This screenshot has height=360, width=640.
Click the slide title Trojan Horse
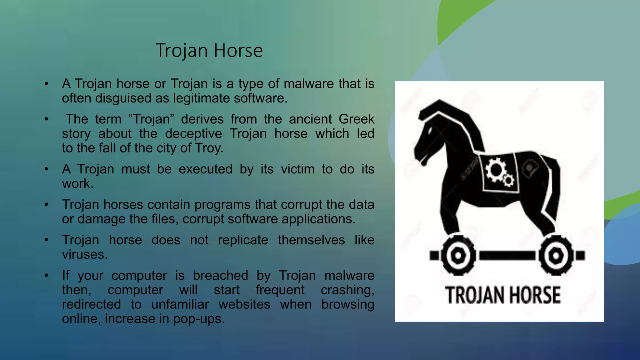[x=209, y=50]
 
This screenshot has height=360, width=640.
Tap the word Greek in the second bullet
[x=356, y=119]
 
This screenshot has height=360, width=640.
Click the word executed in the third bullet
[x=205, y=169]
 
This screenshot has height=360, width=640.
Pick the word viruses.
[x=84, y=254]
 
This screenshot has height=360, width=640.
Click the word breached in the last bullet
[x=220, y=276]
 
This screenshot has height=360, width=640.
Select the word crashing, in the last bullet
[x=347, y=290]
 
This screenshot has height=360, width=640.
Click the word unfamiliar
[x=180, y=304]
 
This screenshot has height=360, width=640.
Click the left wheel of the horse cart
[x=458, y=255]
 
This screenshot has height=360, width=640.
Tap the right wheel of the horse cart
[x=556, y=256]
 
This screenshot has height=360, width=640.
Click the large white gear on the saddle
[x=496, y=169]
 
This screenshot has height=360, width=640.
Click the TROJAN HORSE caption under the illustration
[x=502, y=295]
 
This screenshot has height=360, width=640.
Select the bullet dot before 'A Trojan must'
[x=46, y=169]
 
